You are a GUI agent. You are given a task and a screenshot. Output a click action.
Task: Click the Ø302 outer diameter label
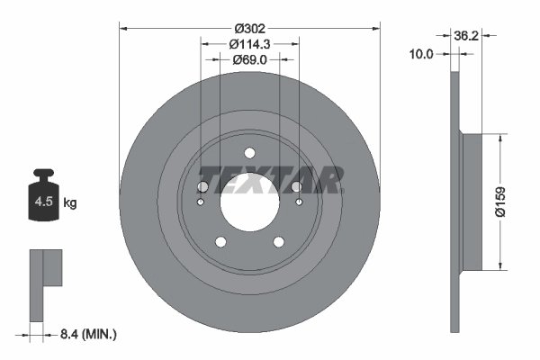(x=249, y=27)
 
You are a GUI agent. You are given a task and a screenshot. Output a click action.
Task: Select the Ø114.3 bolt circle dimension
(x=249, y=43)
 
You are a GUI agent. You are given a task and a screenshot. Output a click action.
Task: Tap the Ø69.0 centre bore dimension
(x=249, y=59)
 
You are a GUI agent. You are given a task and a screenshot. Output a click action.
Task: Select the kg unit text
(x=70, y=203)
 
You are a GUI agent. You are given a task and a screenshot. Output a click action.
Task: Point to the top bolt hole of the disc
(x=249, y=153)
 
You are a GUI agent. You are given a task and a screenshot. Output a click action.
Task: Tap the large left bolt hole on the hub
(x=202, y=186)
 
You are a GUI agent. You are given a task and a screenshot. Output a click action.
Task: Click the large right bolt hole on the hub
(x=297, y=186)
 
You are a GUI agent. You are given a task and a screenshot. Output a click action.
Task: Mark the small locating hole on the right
(x=300, y=202)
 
